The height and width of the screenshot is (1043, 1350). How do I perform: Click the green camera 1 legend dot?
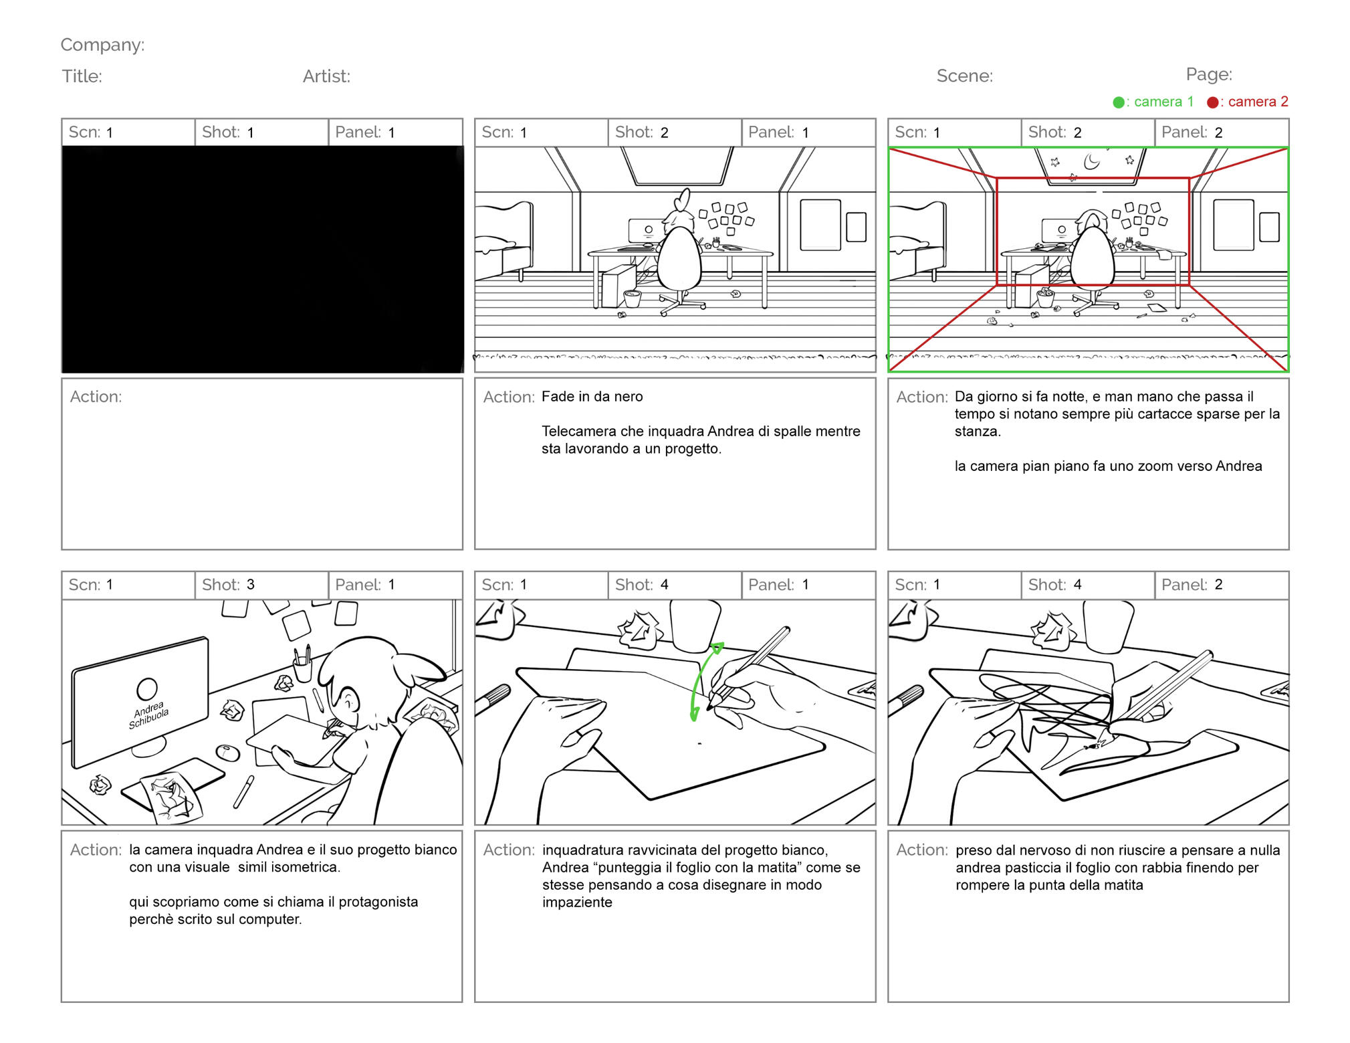pos(1119,102)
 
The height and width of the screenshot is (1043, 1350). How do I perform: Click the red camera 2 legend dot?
pos(1212,102)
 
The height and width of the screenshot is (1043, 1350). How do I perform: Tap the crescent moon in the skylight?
pos(1091,161)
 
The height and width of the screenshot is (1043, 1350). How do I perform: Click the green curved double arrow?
pos(704,682)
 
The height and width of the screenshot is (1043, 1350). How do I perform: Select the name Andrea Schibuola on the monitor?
pos(148,715)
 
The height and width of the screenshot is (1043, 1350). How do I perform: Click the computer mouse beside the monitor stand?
pos(228,753)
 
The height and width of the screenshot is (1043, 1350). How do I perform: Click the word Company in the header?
pos(101,45)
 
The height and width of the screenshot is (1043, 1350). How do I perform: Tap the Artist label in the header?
pos(326,76)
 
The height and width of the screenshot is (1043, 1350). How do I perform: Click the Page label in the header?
pos(1209,74)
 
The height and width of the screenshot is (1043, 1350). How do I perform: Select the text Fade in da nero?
pos(592,397)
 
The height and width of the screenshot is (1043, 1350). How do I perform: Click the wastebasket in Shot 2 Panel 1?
pos(631,298)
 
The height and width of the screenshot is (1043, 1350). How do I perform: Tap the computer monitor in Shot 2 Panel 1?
pos(646,231)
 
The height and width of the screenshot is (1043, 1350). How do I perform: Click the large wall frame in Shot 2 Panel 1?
pos(820,225)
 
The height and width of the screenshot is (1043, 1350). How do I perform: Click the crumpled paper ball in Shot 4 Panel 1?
pos(639,630)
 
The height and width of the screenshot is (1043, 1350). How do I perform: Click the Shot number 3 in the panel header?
pos(250,585)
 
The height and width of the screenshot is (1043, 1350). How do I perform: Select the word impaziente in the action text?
pos(577,903)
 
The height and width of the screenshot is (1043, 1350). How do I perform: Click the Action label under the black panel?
pos(96,397)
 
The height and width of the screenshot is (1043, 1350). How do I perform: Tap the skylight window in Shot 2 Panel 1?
pos(677,165)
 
